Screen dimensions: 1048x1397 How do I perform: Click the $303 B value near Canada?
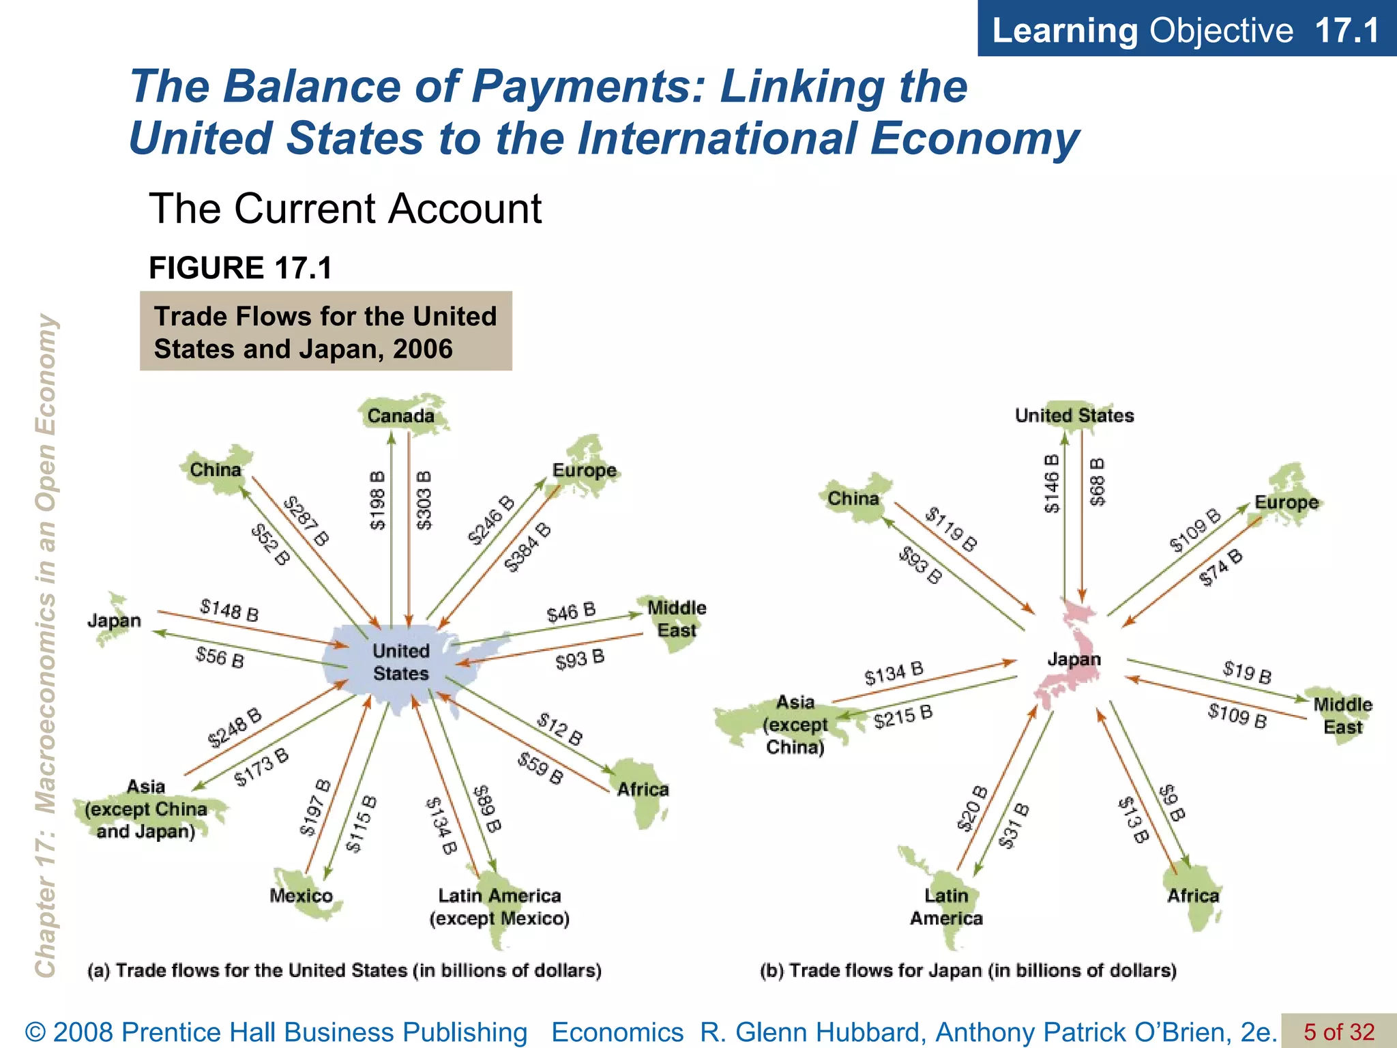424,500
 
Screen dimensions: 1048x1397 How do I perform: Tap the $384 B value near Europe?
527,547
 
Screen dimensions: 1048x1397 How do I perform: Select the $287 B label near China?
306,521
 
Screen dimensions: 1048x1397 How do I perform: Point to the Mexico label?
301,895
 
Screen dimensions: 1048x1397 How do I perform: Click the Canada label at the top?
400,416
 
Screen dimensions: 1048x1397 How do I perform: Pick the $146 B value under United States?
1053,483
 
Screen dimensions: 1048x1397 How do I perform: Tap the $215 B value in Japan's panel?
903,717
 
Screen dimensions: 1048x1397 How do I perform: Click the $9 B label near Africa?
1173,803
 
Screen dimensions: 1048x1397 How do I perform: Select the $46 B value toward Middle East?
571,612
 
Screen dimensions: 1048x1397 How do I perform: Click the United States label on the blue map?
400,662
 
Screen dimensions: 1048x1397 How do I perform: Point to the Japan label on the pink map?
1074,659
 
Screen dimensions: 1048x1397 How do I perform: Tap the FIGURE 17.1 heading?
240,267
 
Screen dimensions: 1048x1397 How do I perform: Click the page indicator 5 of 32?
1339,1032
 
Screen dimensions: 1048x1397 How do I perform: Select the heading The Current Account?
345,208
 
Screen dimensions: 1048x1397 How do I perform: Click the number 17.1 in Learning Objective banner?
1347,30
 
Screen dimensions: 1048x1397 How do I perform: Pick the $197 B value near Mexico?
315,808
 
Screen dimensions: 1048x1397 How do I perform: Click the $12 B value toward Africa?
560,729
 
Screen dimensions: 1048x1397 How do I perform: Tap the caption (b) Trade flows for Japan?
968,970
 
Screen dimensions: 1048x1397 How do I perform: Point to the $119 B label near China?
951,529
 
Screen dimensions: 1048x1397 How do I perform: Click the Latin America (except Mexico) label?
499,907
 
